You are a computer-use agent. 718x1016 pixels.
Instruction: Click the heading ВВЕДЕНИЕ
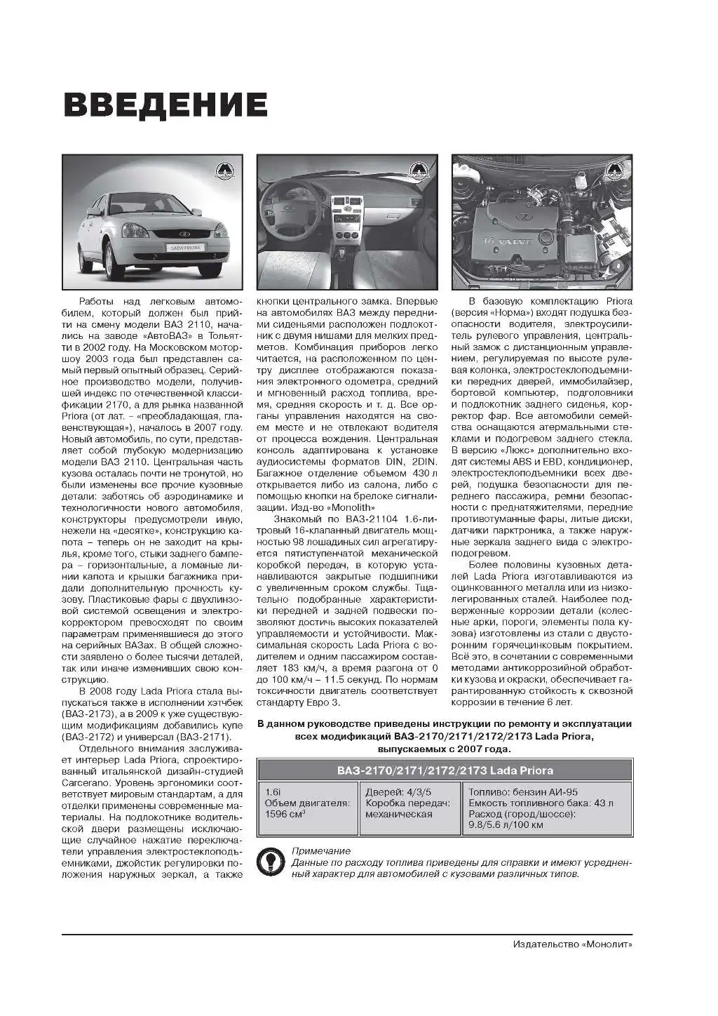click(165, 105)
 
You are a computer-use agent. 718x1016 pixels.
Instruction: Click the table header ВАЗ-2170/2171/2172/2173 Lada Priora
click(445, 770)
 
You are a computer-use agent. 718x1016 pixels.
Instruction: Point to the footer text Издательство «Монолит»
click(572, 944)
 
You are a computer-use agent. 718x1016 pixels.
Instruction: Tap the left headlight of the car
click(134, 231)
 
